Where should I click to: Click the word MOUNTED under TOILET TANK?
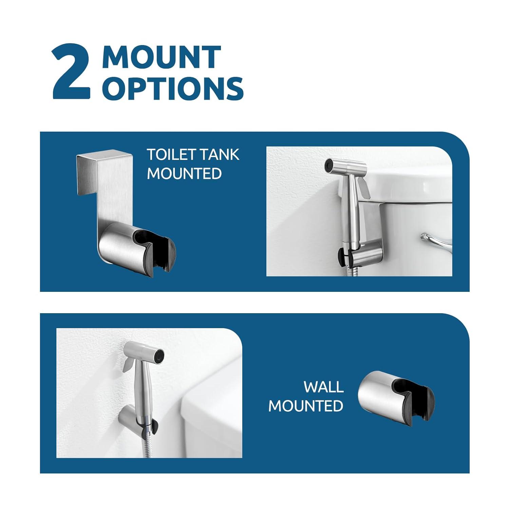[184, 173]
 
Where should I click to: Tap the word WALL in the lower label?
[323, 387]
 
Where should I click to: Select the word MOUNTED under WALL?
[306, 406]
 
